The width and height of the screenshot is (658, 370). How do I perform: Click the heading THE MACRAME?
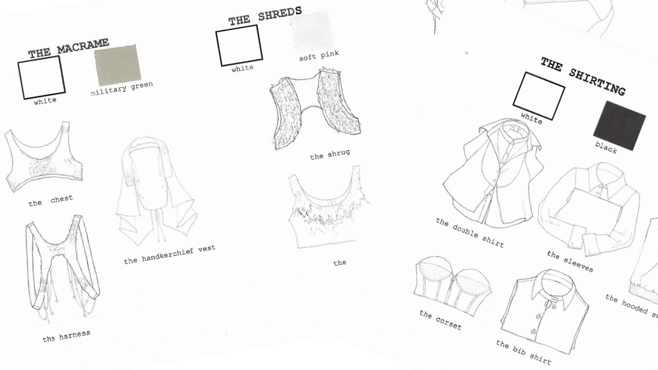coord(69,48)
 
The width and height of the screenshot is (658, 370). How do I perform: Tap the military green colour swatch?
coord(118,65)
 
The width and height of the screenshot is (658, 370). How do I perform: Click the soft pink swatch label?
coord(319,56)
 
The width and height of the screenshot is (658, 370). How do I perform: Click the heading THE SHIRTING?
coord(583,76)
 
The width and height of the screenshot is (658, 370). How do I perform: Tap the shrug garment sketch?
coord(315,109)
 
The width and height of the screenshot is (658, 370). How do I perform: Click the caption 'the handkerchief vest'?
coord(170,254)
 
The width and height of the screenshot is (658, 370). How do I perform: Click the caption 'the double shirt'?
coord(470,232)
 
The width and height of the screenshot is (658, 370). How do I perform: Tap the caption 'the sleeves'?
coord(570,261)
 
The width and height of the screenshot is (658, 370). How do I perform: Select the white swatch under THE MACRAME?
coord(41,77)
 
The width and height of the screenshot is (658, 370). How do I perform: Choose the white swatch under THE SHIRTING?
coord(538,96)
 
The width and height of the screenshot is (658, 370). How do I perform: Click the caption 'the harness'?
coord(66,336)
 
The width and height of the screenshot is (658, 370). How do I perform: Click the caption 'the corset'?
coord(440,320)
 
